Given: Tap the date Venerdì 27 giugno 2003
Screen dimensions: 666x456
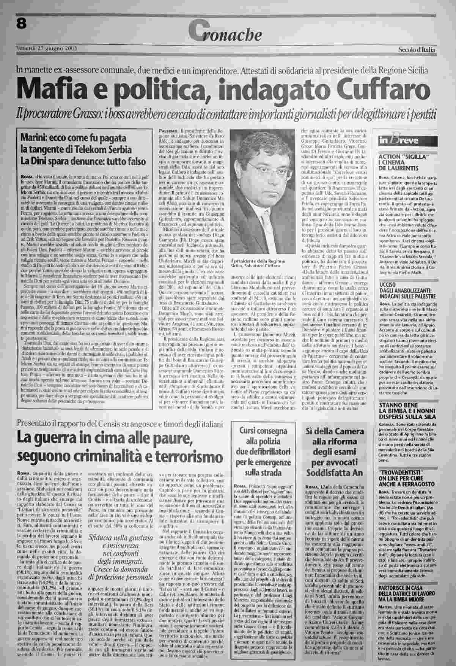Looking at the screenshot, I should click(47, 49).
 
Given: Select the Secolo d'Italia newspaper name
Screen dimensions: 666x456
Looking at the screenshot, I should click(417, 50).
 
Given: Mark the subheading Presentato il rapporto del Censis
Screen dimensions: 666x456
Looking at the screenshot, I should click(118, 422).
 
